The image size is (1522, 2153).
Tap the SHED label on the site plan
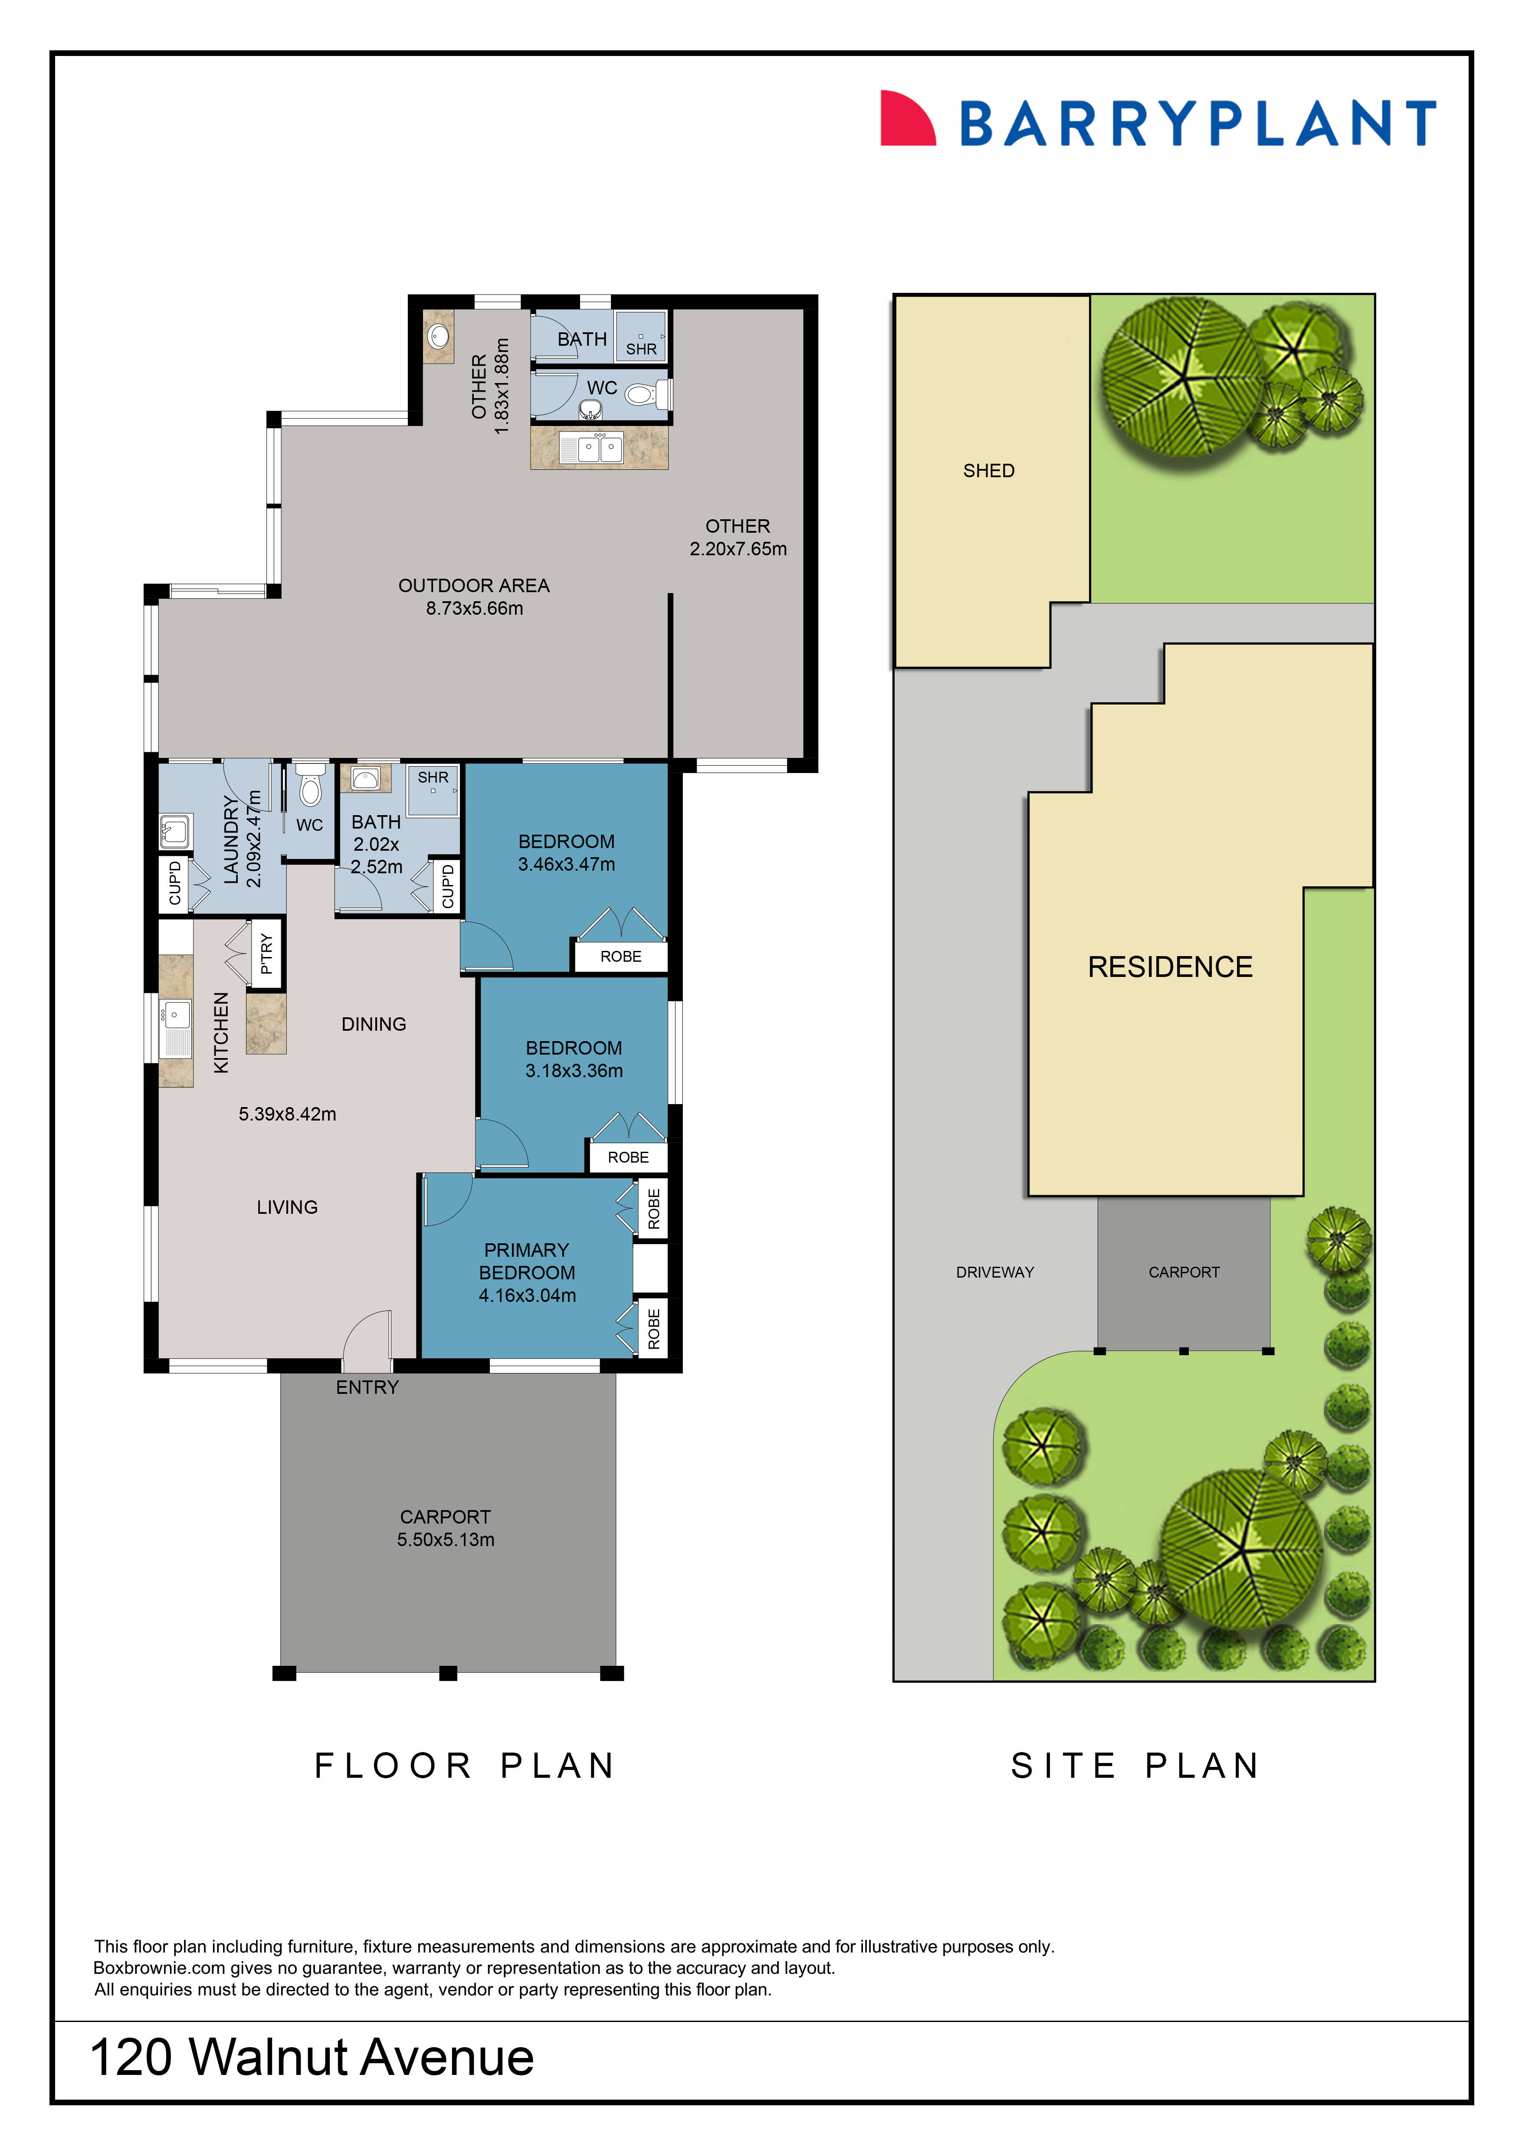pos(988,471)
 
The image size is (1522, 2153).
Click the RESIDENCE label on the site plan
pos(1169,967)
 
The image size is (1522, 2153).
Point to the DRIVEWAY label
pos(994,1272)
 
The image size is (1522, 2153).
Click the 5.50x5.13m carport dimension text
pos(446,1540)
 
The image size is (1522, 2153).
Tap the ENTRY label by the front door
pos(367,1388)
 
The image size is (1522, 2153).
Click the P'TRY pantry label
pos(266,954)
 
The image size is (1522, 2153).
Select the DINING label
pos(373,1024)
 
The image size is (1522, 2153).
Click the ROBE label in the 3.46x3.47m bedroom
pos(621,957)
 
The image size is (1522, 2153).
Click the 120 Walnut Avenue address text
pos(312,2058)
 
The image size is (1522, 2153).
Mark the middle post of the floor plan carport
pos(448,1673)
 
